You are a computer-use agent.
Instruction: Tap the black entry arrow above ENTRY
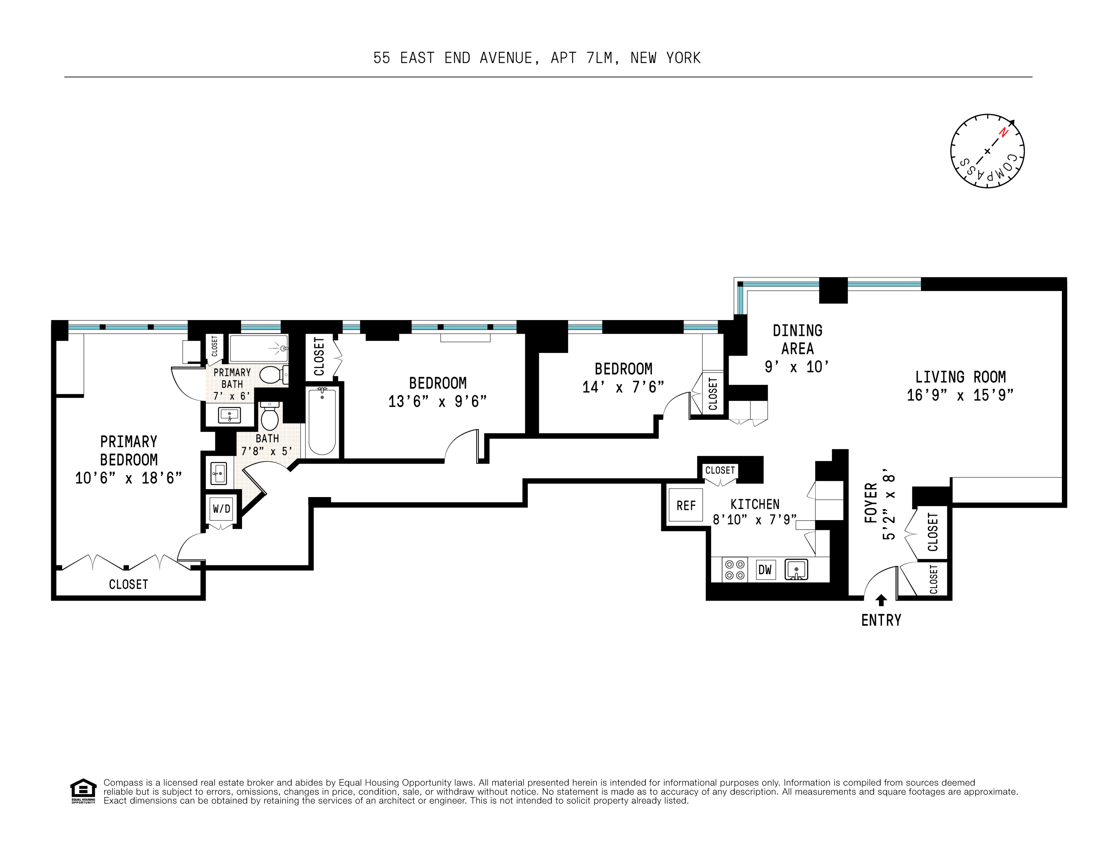[881, 600]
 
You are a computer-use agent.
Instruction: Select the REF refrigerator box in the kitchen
[686, 505]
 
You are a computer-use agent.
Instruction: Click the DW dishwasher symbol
[765, 569]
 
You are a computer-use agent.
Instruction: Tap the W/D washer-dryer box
[222, 509]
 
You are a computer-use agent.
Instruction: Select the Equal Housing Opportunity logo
[83, 791]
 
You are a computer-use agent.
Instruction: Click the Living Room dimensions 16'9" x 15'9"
[960, 395]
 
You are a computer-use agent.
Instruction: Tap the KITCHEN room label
[755, 504]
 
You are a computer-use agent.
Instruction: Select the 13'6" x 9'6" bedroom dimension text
[438, 401]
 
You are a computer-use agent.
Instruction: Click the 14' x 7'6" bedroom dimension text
[623, 387]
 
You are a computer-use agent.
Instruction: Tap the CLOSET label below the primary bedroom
[129, 584]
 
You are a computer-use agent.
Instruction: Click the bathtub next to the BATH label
[322, 421]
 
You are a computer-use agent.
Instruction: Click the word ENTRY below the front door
[881, 620]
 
